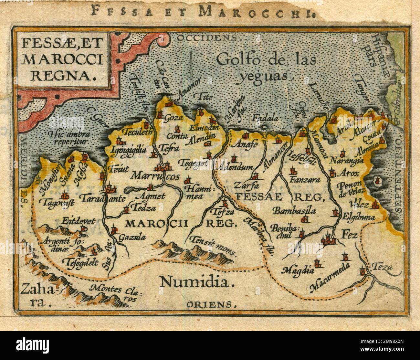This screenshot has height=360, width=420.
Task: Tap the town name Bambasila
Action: (x=294, y=211)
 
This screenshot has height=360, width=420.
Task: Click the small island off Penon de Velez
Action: (x=377, y=180)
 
